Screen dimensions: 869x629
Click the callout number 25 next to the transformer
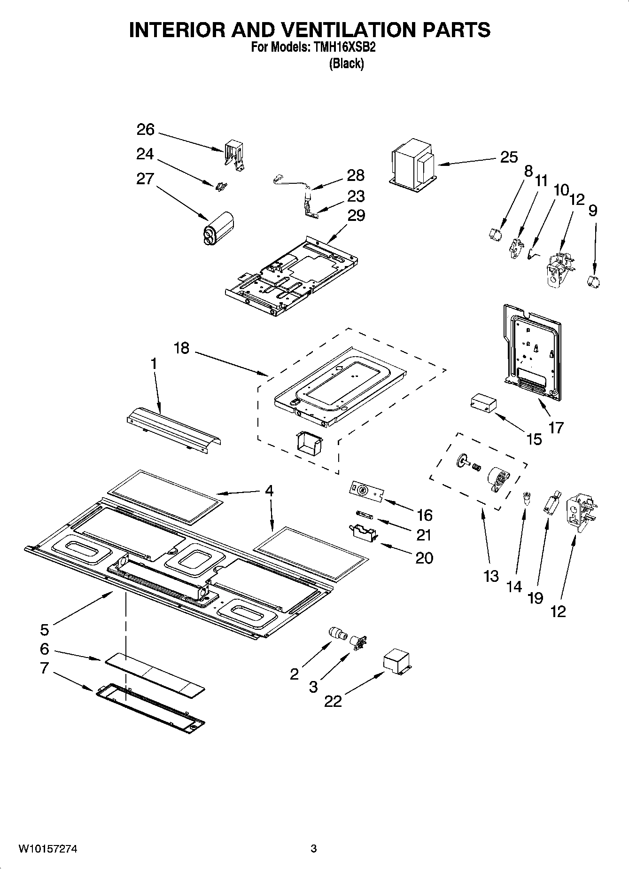[x=509, y=157]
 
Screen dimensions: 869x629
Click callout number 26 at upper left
[x=145, y=130]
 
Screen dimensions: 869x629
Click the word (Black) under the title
[x=346, y=63]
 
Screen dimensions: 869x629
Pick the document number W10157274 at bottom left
[x=47, y=849]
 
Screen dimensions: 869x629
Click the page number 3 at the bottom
[x=313, y=849]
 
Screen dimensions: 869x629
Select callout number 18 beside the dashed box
[x=181, y=348]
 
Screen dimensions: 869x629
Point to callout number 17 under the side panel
[x=556, y=428]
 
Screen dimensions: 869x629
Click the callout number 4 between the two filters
[x=269, y=491]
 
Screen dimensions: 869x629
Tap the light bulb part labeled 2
[x=337, y=633]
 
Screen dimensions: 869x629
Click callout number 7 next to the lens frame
[x=44, y=668]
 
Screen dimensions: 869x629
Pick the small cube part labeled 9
[x=594, y=282]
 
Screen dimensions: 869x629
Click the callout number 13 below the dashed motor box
[x=491, y=576]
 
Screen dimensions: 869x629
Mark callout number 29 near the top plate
[x=356, y=215]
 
